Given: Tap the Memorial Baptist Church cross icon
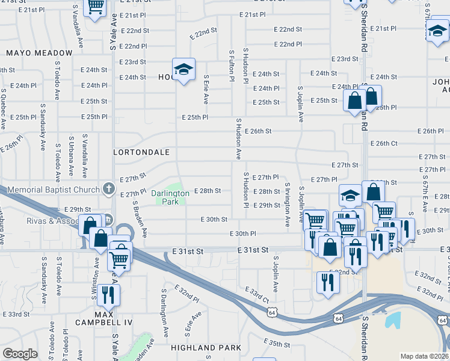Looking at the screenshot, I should [x=108, y=189].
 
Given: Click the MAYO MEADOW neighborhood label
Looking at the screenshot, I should [x=39, y=53].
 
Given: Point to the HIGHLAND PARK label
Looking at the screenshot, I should [x=206, y=348].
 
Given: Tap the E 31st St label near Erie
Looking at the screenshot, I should [x=187, y=250].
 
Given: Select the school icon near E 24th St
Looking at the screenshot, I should [x=183, y=68].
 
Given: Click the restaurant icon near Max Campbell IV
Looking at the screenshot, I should [x=109, y=294].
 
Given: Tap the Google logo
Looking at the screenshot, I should [x=20, y=353].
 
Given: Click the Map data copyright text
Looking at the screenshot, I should [x=424, y=356].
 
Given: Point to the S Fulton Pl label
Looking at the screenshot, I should [x=232, y=66].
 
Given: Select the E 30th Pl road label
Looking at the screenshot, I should [x=243, y=233].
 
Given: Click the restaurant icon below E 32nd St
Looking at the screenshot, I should [x=327, y=280].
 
